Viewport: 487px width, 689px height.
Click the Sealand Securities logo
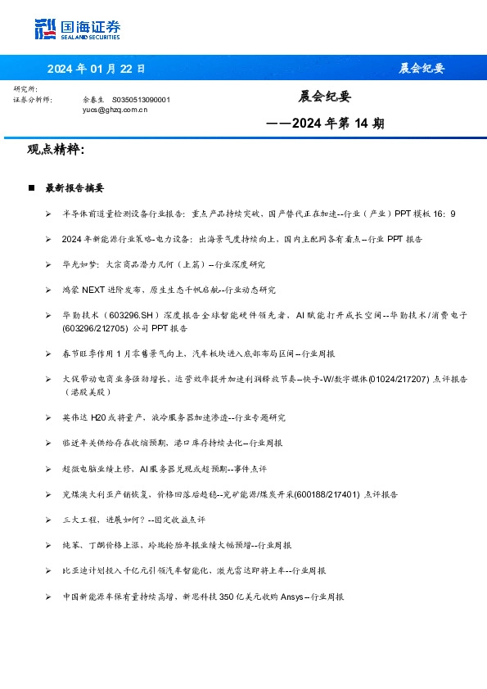click(x=77, y=29)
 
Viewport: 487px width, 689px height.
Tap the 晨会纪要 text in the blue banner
click(x=422, y=68)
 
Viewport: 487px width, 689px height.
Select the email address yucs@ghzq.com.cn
click(x=115, y=109)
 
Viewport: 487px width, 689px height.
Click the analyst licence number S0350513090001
click(x=141, y=99)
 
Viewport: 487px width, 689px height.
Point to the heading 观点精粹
click(x=56, y=150)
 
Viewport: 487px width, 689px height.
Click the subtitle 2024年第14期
click(x=326, y=124)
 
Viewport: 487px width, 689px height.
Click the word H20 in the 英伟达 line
click(x=99, y=417)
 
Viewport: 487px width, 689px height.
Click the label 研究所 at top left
click(x=25, y=88)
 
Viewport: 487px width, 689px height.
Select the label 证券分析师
click(x=33, y=99)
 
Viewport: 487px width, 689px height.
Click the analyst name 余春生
click(x=94, y=99)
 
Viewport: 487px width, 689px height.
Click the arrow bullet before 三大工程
click(x=48, y=520)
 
